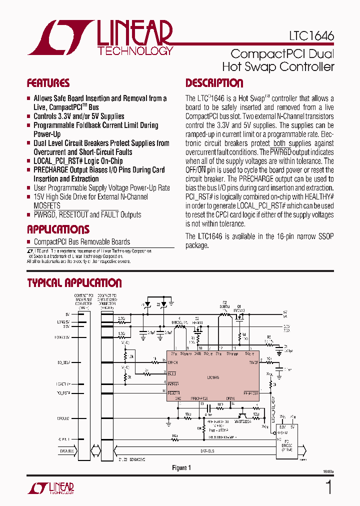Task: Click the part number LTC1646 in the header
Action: [x=311, y=36]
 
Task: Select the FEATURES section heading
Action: [x=48, y=83]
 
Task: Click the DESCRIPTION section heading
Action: [x=214, y=83]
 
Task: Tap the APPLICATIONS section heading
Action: [x=58, y=229]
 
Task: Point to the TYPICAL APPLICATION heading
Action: [x=74, y=283]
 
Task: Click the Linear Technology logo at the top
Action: [x=100, y=37]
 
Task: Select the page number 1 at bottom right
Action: [x=328, y=487]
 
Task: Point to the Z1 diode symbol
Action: [x=147, y=304]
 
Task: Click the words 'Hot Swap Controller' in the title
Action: [x=278, y=67]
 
